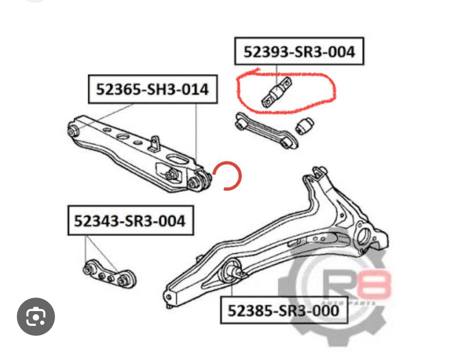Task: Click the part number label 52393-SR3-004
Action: click(x=299, y=52)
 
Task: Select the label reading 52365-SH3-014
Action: click(x=152, y=89)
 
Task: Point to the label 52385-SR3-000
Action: click(x=283, y=311)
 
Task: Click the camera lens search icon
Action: click(x=36, y=316)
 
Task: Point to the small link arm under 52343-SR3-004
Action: click(x=107, y=273)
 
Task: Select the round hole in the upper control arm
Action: click(x=122, y=137)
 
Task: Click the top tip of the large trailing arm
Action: click(x=318, y=171)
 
